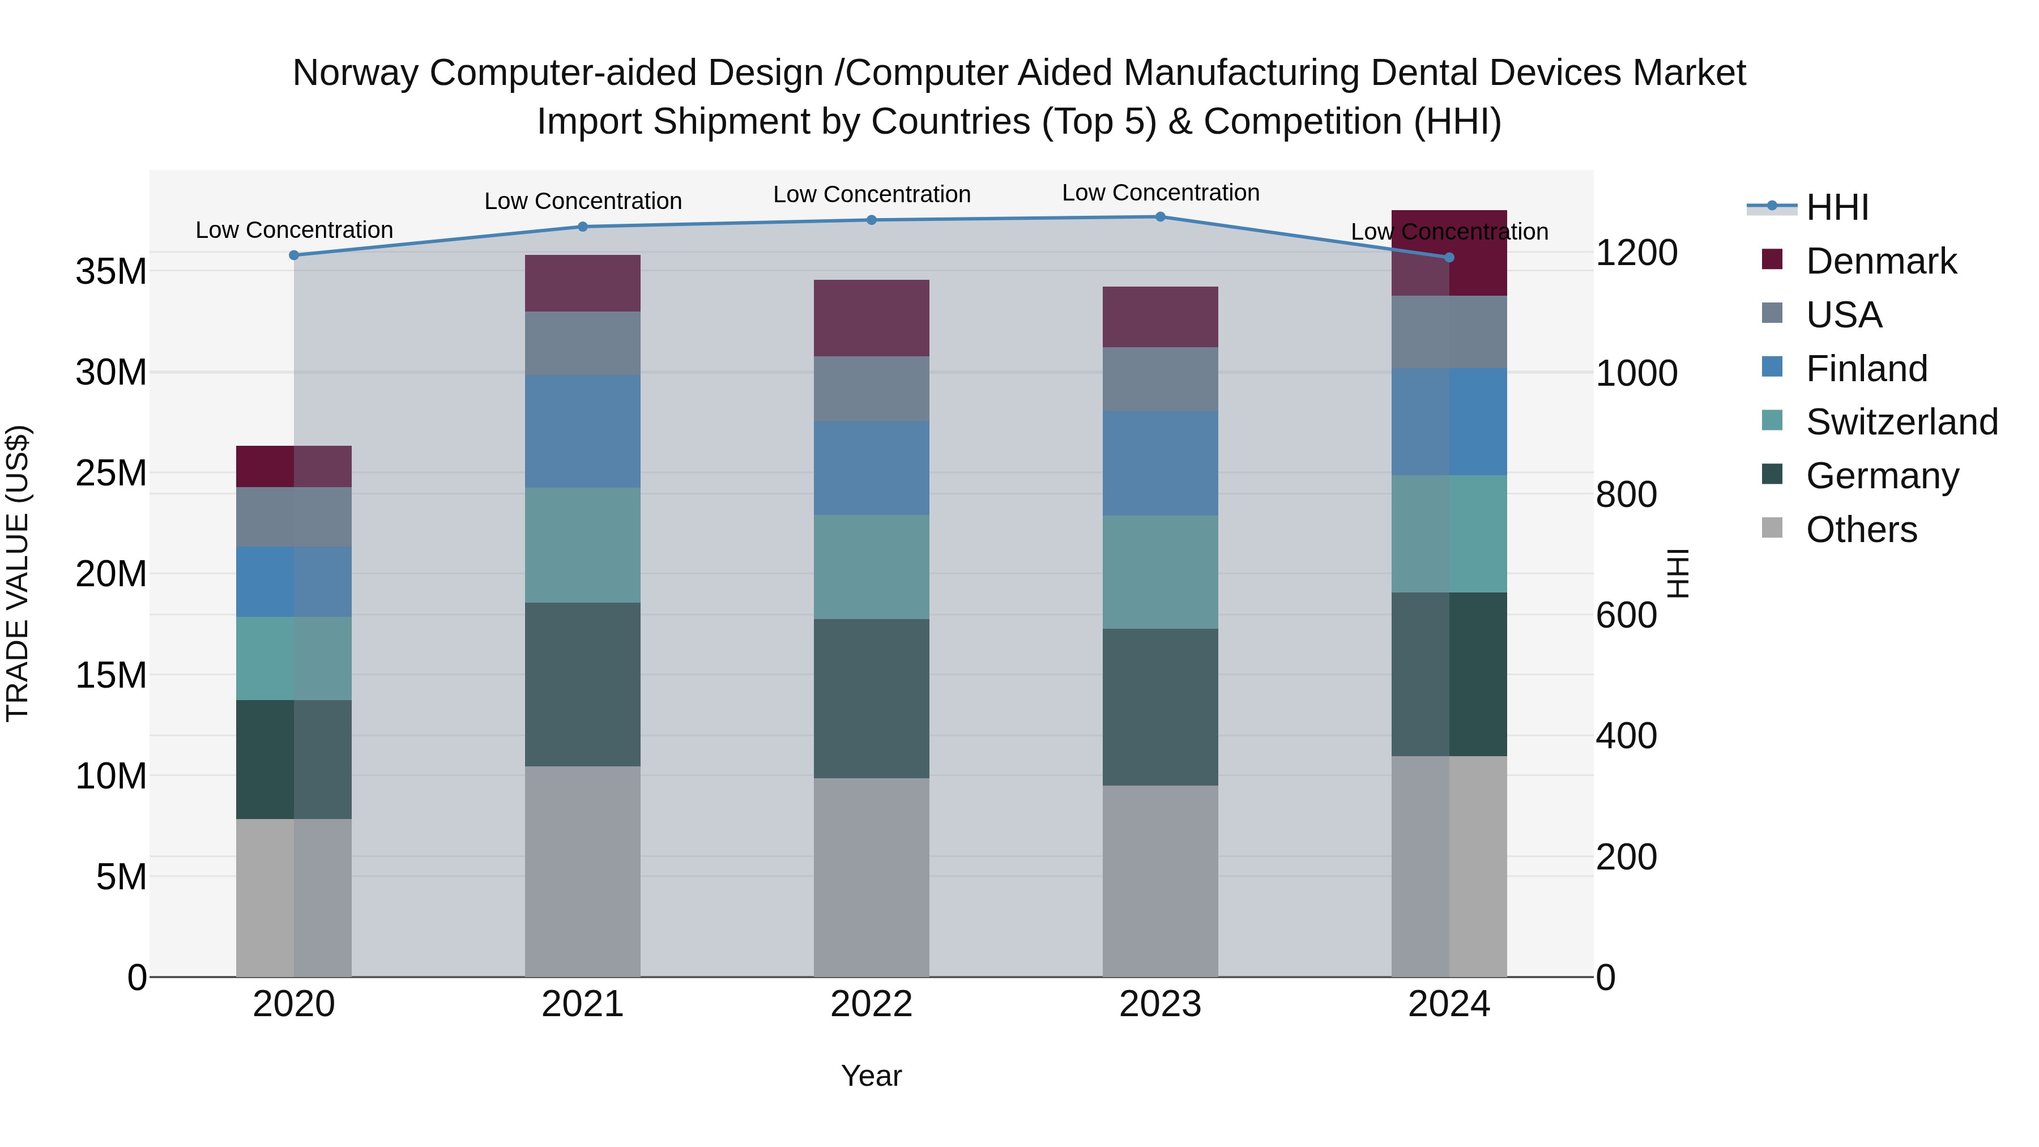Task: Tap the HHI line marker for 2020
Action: coord(293,255)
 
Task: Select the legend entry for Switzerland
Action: coord(1900,422)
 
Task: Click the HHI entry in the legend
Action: coord(1836,207)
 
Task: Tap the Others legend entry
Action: coord(1860,530)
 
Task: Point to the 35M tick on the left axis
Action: coord(111,271)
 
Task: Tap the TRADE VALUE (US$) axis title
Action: coord(18,573)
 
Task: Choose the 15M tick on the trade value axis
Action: coord(111,675)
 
